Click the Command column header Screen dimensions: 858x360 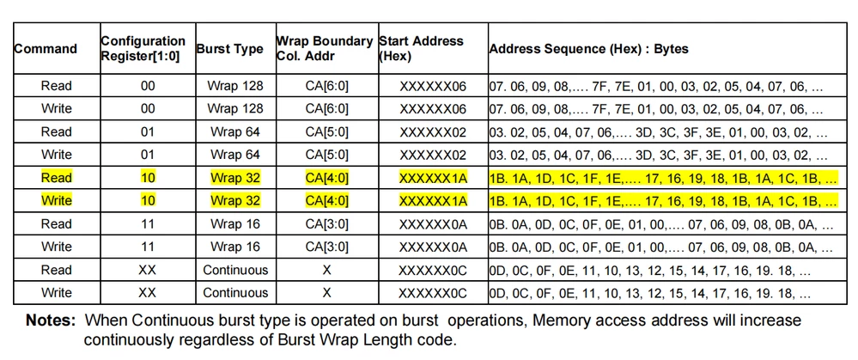click(46, 49)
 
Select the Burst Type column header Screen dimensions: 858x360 click(230, 49)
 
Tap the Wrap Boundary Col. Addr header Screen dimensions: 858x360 click(325, 48)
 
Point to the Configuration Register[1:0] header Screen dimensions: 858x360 click(143, 48)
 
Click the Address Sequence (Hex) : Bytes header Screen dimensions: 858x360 click(589, 49)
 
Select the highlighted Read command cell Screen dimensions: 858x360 click(57, 178)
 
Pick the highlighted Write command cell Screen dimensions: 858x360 click(57, 201)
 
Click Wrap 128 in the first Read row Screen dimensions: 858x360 click(235, 86)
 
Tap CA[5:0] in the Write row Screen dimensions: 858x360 click(326, 155)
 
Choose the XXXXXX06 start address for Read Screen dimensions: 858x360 click(433, 86)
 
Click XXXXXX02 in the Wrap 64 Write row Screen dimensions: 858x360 click(433, 155)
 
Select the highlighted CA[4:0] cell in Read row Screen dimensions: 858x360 click(326, 178)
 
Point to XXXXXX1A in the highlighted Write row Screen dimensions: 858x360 click(433, 201)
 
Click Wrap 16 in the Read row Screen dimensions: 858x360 click(235, 223)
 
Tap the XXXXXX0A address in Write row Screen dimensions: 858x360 click(433, 247)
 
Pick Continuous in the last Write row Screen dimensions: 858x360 click(235, 293)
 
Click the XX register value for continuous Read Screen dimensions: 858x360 click(147, 270)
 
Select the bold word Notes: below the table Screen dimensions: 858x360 click(51, 320)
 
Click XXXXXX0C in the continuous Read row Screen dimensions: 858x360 click(433, 270)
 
